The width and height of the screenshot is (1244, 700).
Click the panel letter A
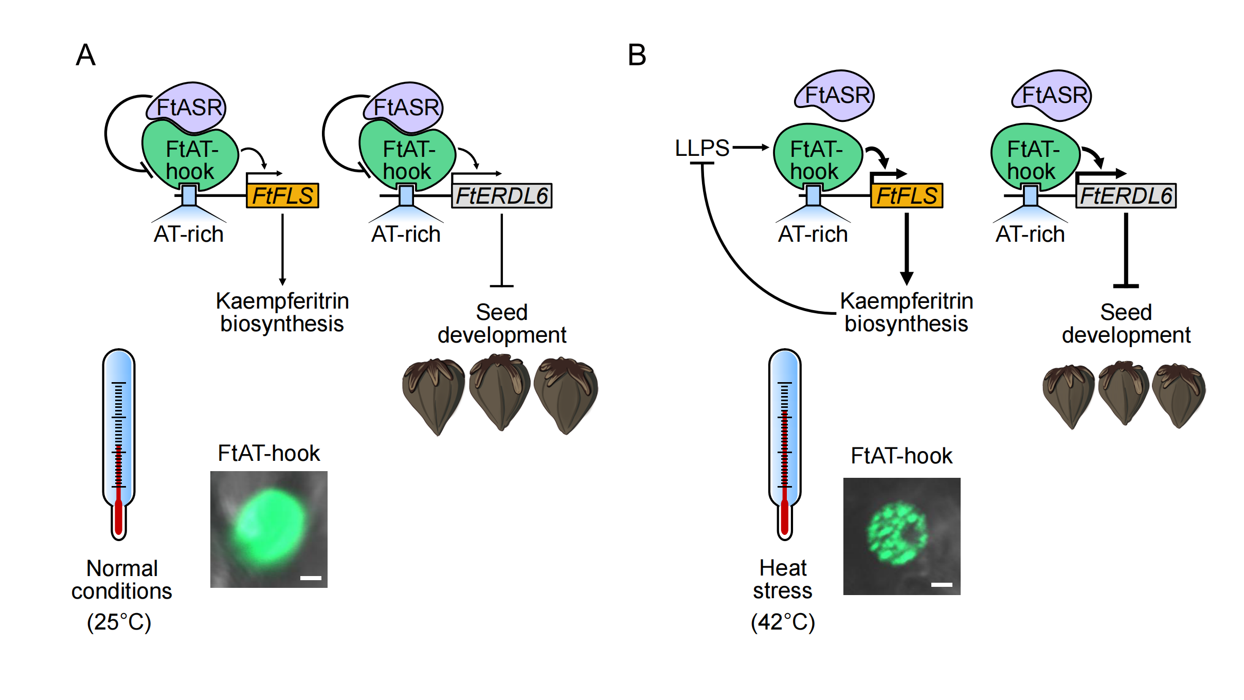pyautogui.click(x=85, y=55)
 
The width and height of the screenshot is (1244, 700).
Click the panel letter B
pyautogui.click(x=637, y=55)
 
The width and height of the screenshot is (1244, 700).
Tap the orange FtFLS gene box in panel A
pyautogui.click(x=282, y=196)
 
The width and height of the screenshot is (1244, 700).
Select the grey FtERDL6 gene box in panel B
pyautogui.click(x=1126, y=196)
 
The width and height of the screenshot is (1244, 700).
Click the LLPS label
pyautogui.click(x=701, y=148)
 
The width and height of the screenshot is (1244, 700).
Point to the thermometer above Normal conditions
pyautogui.click(x=119, y=442)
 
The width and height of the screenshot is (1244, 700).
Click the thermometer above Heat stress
pyautogui.click(x=785, y=442)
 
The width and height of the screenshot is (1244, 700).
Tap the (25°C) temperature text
pyautogui.click(x=119, y=622)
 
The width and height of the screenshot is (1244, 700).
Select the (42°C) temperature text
pyautogui.click(x=783, y=622)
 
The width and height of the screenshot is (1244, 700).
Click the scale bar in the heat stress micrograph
pyautogui.click(x=942, y=585)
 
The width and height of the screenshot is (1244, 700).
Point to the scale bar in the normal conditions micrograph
pyautogui.click(x=311, y=578)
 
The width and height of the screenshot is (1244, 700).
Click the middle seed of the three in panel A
pyautogui.click(x=499, y=393)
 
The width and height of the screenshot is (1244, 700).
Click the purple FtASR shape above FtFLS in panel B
pyautogui.click(x=835, y=96)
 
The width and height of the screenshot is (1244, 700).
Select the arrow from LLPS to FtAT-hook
pyautogui.click(x=750, y=148)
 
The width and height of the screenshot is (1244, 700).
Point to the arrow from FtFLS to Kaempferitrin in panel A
pyautogui.click(x=282, y=249)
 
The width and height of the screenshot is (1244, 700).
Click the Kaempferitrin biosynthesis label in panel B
pyautogui.click(x=906, y=312)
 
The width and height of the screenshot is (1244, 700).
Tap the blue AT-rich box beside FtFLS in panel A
pyautogui.click(x=189, y=196)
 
